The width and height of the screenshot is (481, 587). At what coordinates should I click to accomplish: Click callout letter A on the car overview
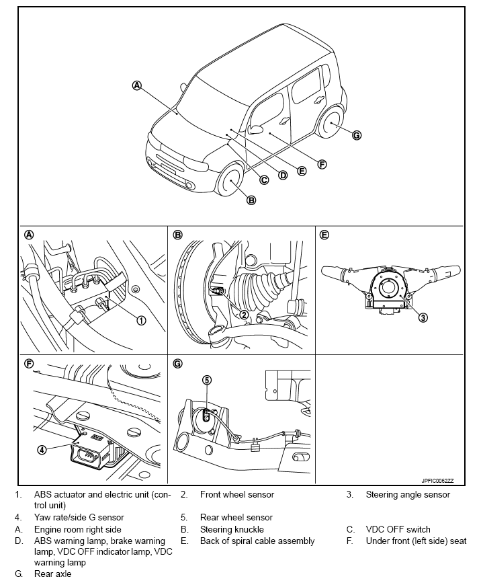click(x=137, y=85)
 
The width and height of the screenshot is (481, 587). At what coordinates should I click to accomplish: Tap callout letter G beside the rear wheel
click(x=357, y=135)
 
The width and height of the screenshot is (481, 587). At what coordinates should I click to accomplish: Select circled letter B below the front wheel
click(x=251, y=200)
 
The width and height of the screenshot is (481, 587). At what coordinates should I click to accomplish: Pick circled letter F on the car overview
click(x=322, y=164)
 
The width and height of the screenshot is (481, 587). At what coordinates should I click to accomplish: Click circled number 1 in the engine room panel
click(x=141, y=320)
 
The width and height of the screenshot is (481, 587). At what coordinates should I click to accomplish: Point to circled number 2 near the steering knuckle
click(x=245, y=314)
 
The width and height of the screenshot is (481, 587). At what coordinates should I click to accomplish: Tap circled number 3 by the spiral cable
click(x=423, y=317)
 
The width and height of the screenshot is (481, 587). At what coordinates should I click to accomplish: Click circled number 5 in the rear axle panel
click(x=207, y=380)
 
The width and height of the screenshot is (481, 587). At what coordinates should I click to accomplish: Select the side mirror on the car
click(x=255, y=130)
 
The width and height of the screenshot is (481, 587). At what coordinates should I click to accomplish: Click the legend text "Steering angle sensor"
click(x=408, y=495)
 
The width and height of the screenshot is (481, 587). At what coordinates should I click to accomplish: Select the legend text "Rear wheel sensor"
click(x=236, y=518)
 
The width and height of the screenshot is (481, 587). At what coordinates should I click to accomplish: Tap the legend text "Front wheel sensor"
click(x=237, y=495)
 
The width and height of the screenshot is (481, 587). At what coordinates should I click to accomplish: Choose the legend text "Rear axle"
click(x=52, y=574)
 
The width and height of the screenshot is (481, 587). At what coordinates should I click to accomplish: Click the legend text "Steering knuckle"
click(x=232, y=529)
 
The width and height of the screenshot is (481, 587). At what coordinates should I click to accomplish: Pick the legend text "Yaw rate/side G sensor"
click(x=79, y=518)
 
